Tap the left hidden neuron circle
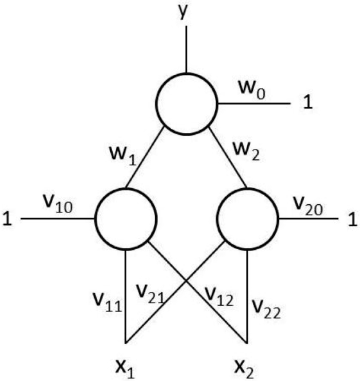125,219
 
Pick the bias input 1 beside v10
7,219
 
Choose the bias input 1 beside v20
352,219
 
